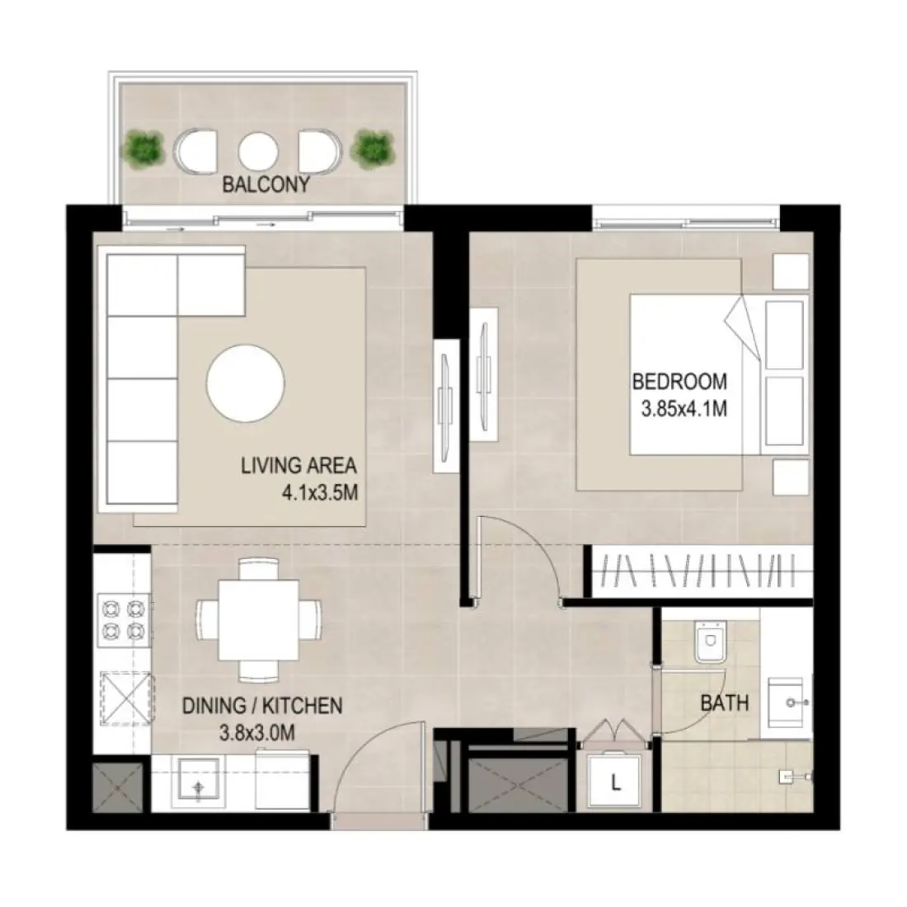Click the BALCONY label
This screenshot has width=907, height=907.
266,184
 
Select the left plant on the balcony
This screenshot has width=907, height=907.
144,148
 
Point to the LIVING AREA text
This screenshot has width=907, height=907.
298,465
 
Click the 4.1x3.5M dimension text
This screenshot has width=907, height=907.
321,492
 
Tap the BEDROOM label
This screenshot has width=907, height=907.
679,382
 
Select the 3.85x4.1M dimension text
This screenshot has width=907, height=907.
684,409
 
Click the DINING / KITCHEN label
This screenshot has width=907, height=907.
261,705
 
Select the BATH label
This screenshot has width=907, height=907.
724,703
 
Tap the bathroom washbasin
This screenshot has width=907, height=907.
790,703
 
